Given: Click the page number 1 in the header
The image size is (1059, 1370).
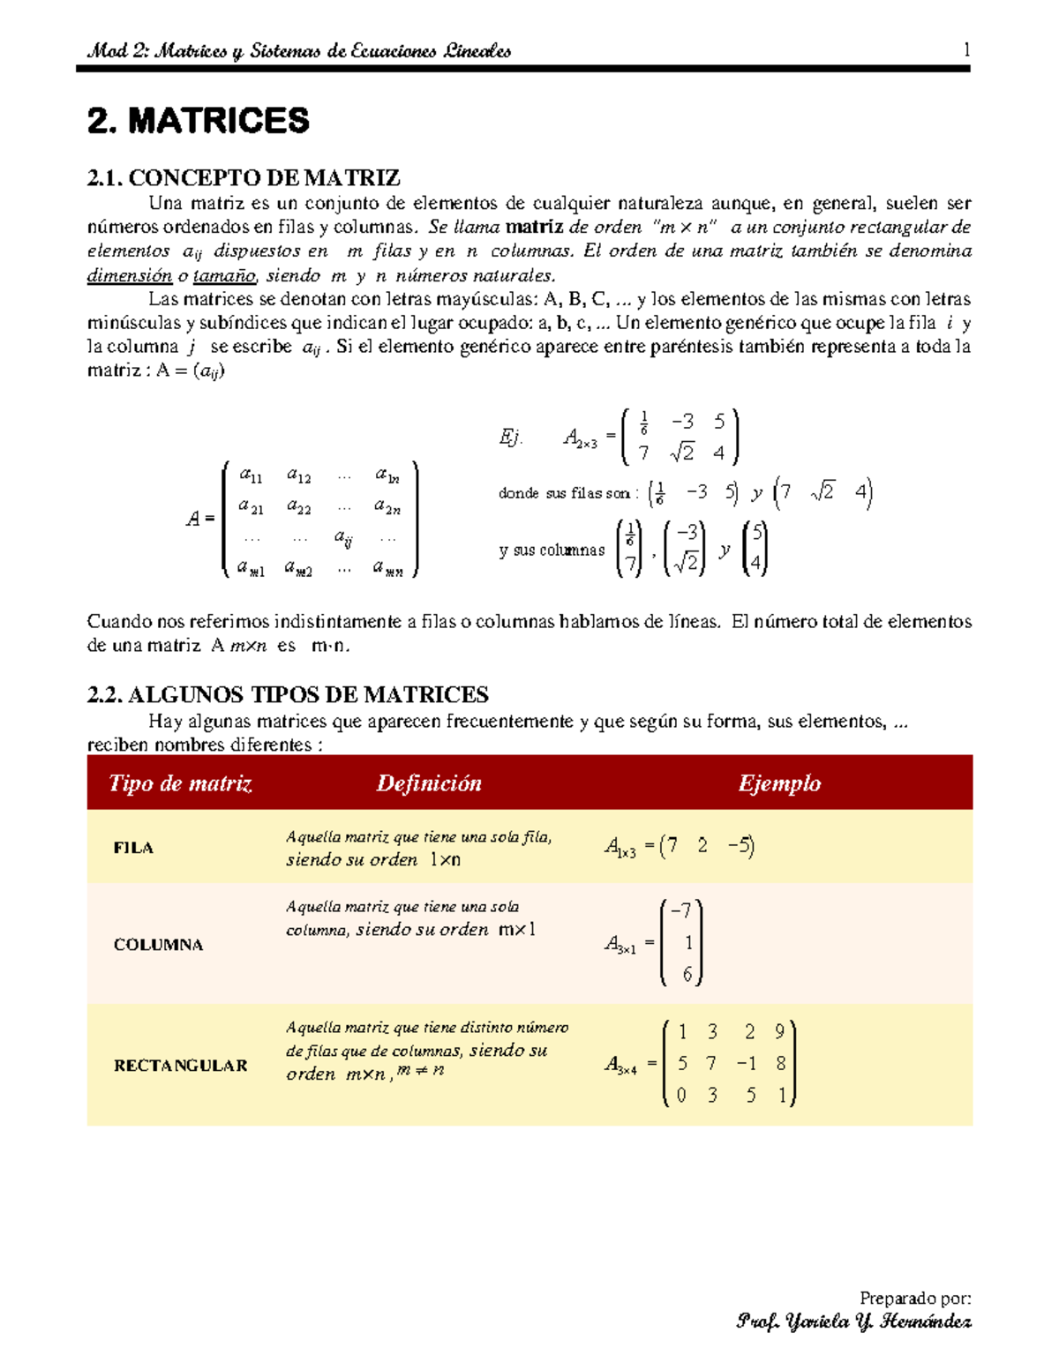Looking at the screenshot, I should (966, 50).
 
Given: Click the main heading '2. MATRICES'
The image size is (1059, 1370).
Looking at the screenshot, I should (199, 121).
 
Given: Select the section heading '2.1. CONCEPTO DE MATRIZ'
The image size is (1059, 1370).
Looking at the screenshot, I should (244, 178).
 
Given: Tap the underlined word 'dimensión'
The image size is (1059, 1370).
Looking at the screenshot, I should (130, 275).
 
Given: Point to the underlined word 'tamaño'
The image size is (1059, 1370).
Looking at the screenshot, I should (224, 275).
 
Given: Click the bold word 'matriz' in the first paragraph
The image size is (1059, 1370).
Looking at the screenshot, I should (534, 227).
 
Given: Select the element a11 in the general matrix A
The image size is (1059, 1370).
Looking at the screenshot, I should (251, 475).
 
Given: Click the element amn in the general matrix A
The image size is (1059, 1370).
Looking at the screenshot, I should (387, 569).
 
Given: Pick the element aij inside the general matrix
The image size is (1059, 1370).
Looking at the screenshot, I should (343, 537).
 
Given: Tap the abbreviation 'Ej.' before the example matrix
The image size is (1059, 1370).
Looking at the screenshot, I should (511, 437).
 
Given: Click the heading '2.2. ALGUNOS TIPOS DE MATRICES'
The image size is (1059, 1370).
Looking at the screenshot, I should (288, 695).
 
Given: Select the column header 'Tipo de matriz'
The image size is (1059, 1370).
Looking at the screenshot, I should (180, 783).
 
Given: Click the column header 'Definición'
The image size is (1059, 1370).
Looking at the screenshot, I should (429, 783).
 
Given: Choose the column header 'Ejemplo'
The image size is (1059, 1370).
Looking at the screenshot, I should (779, 783).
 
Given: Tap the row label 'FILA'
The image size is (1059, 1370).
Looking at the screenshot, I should (133, 848).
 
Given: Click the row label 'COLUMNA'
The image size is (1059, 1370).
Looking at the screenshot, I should (158, 945).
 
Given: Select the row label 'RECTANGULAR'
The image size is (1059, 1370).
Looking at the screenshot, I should (180, 1066).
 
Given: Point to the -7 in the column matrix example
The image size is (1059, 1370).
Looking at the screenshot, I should (682, 910).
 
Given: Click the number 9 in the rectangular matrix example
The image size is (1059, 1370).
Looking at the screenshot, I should (779, 1031).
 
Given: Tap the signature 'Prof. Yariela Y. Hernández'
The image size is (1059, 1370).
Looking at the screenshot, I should (853, 1321).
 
